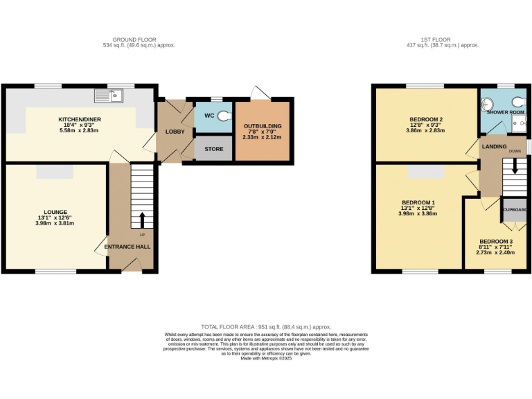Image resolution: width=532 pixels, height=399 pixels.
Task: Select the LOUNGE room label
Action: (56, 211)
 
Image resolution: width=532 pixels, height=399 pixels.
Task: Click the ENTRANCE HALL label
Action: (127, 247)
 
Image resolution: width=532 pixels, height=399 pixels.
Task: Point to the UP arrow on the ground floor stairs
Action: (143, 220)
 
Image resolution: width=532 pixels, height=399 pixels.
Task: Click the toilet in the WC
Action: (224, 117)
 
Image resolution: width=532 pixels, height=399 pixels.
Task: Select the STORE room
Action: (213, 149)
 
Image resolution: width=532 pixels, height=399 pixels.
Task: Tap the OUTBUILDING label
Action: (263, 125)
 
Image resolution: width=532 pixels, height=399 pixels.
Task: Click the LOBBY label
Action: (173, 132)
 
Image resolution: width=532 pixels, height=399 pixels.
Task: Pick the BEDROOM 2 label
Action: (425, 118)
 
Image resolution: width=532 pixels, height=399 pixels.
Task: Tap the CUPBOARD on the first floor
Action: (515, 209)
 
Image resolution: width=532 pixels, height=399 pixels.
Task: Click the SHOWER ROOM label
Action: (506, 112)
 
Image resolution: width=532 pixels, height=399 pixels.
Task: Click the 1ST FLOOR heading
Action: (441, 39)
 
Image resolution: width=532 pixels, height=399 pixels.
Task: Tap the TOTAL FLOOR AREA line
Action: (266, 327)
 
